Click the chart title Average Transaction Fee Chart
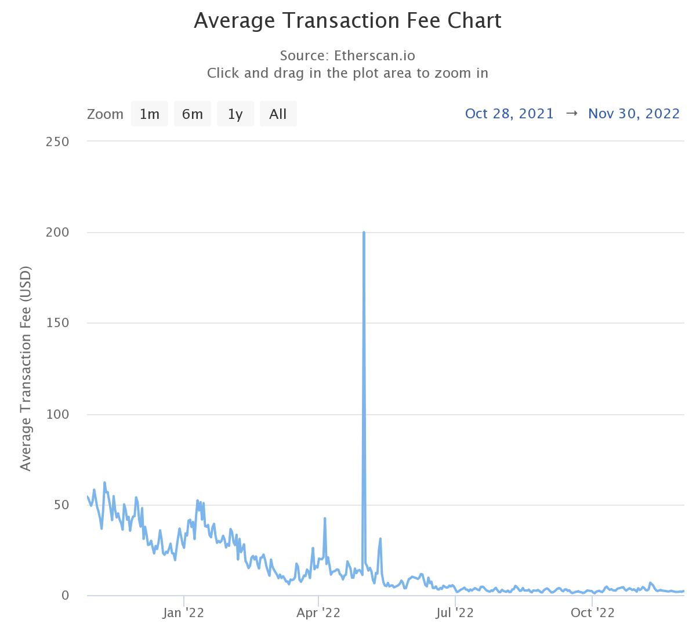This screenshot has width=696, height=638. pos(347,21)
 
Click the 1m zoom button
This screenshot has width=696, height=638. pos(150,114)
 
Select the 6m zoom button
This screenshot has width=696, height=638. pos(193,114)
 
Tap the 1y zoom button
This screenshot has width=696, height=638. pos(235,114)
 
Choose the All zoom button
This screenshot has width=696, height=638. pos(278,114)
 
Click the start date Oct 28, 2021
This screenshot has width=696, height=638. pos(509,113)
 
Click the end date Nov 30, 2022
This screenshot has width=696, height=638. pos(633,113)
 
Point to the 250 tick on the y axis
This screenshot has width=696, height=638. pos(57,142)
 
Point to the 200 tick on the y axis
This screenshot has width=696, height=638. pos(57,232)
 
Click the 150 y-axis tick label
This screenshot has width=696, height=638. pos(57,323)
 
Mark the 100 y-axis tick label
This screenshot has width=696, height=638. pos(57,414)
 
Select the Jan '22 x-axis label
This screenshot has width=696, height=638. pos(183,613)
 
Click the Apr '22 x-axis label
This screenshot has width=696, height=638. pos(318,613)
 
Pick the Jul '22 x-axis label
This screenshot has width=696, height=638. pos(455,613)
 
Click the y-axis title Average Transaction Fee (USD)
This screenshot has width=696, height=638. pos(25,368)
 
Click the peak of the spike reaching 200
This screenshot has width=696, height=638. pos(364,233)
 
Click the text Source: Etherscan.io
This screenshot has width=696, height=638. pos(347,56)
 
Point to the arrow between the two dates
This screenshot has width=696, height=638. pos(571,113)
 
